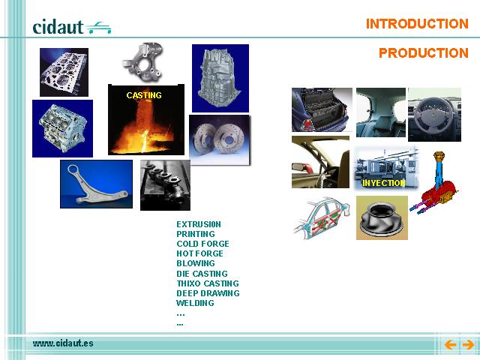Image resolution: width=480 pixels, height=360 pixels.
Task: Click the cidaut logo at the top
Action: pyautogui.click(x=72, y=27)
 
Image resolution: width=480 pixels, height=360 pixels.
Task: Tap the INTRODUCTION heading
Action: pyautogui.click(x=417, y=24)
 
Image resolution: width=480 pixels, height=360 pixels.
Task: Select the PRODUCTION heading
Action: pyautogui.click(x=424, y=53)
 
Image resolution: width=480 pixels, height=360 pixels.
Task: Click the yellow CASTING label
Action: pyautogui.click(x=144, y=95)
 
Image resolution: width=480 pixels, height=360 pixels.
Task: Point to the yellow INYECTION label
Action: pyautogui.click(x=384, y=183)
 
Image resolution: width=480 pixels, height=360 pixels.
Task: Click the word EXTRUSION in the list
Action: pyautogui.click(x=199, y=224)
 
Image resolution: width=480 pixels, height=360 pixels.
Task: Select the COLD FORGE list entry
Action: pyautogui.click(x=202, y=244)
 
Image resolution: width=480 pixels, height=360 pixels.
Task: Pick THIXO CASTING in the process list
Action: pyautogui.click(x=208, y=283)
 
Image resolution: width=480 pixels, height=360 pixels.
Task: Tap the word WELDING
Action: pyautogui.click(x=195, y=303)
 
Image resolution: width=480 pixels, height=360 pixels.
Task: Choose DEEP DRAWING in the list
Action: pyautogui.click(x=208, y=293)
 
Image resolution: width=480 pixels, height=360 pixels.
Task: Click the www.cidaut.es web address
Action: pyautogui.click(x=63, y=343)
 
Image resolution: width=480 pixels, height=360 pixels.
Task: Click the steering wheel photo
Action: pyautogui.click(x=434, y=115)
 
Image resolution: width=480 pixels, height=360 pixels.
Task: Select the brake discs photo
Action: pyautogui.click(x=220, y=140)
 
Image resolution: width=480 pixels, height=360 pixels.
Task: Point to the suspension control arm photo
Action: pyautogui.click(x=97, y=184)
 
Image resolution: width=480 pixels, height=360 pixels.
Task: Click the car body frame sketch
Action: pyautogui.click(x=322, y=218)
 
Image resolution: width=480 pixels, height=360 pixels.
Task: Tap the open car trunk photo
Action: pyautogui.click(x=322, y=110)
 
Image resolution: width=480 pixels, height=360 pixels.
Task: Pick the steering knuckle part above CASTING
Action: pyautogui.click(x=142, y=62)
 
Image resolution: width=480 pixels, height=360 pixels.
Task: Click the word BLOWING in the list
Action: pyautogui.click(x=196, y=263)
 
